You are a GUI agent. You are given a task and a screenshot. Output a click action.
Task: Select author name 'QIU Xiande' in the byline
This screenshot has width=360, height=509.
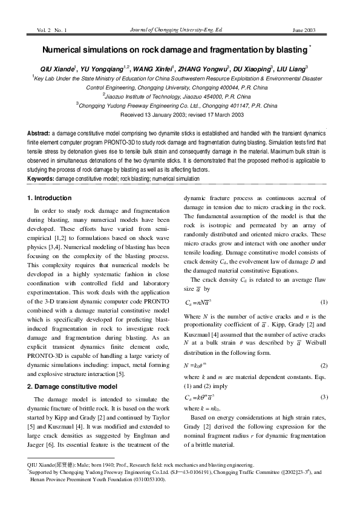pyautogui.click(x=57, y=69)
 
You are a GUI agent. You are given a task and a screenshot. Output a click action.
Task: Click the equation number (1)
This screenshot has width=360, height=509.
pyautogui.click(x=324, y=302)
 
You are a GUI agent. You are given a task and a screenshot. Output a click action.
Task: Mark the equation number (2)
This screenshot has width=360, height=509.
pyautogui.click(x=324, y=366)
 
